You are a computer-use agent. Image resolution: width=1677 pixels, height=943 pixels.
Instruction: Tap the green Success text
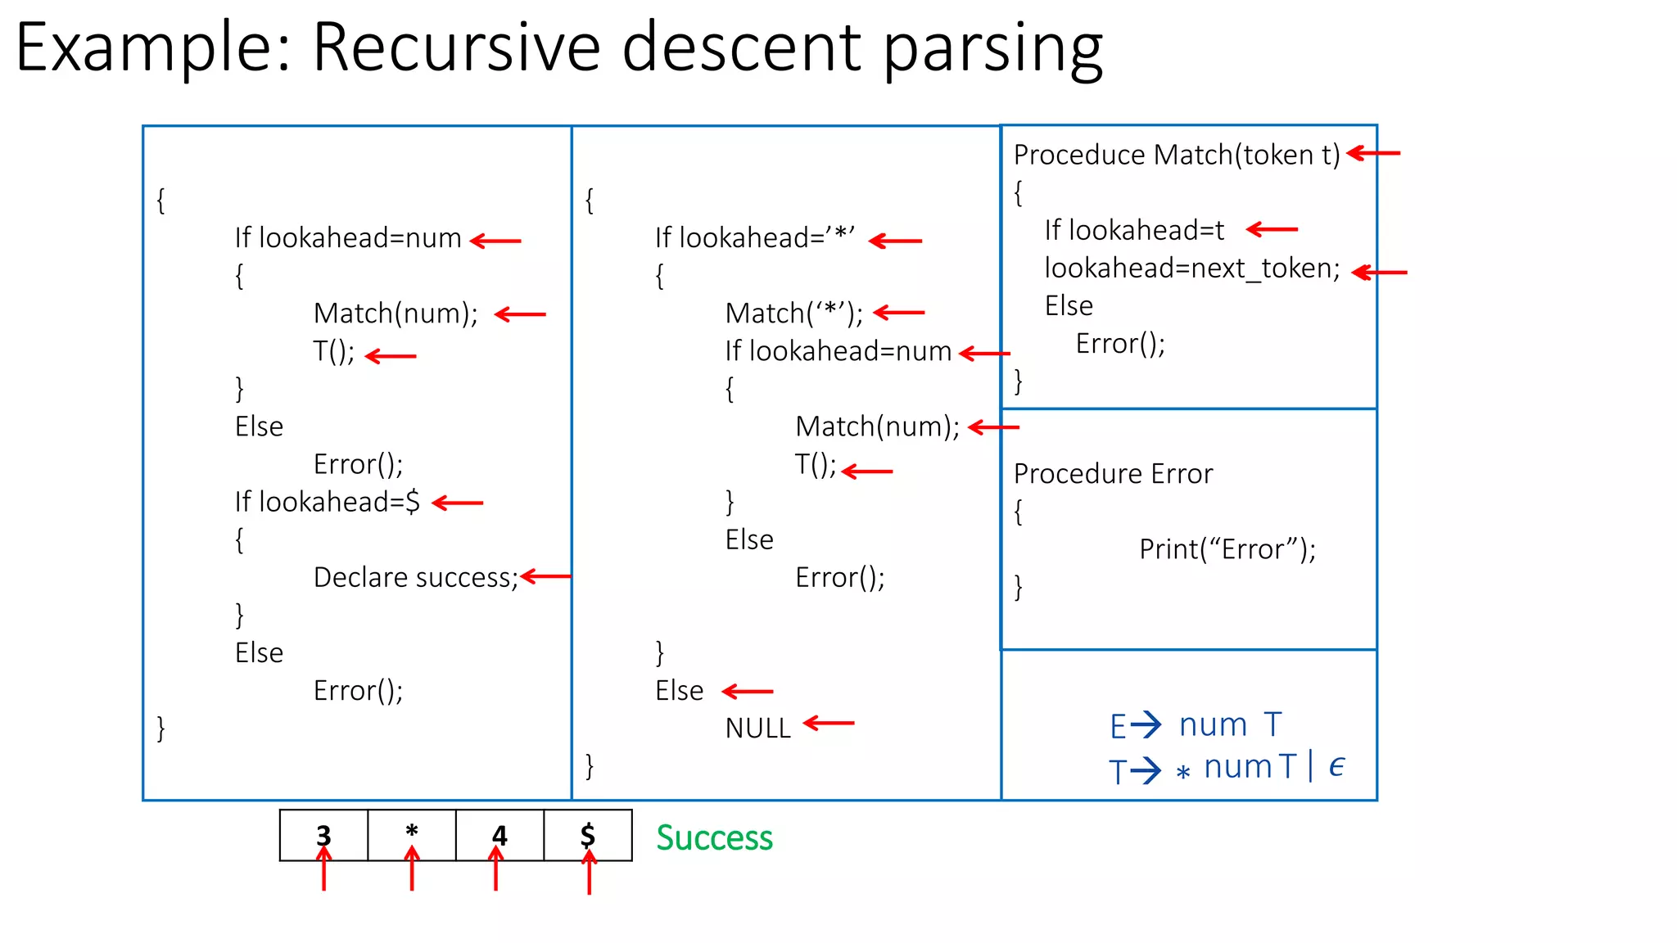[714, 837]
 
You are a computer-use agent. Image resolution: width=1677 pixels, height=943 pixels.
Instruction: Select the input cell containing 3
[323, 835]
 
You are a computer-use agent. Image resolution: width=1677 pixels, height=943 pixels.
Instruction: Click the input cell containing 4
[499, 835]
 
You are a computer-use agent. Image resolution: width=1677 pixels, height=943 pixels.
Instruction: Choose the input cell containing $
[588, 835]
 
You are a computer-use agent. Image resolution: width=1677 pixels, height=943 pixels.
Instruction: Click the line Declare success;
[416, 577]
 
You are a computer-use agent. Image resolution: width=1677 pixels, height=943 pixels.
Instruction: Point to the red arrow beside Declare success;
[545, 576]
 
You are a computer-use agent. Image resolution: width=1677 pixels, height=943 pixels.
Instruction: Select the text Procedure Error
[1113, 473]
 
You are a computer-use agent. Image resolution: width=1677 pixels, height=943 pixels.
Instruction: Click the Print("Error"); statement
[1227, 549]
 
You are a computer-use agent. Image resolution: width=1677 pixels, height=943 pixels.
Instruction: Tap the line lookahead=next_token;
[1191, 268]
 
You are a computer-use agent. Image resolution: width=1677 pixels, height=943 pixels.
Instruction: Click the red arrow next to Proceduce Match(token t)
[1373, 153]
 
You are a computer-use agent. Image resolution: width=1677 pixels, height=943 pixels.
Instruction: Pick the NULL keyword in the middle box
[757, 728]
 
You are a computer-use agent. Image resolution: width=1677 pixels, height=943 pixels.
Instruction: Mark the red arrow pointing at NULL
[829, 723]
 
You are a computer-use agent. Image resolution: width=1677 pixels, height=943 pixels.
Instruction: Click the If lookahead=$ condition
[327, 502]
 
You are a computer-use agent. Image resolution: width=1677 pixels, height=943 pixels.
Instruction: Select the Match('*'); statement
[793, 313]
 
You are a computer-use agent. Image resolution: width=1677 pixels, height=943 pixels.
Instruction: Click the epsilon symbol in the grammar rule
[1336, 766]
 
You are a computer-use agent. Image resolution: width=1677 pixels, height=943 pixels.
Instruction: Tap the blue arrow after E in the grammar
[1146, 724]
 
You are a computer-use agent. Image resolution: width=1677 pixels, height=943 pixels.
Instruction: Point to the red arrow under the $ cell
[589, 873]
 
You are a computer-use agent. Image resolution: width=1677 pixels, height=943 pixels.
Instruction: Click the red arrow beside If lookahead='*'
[895, 241]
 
